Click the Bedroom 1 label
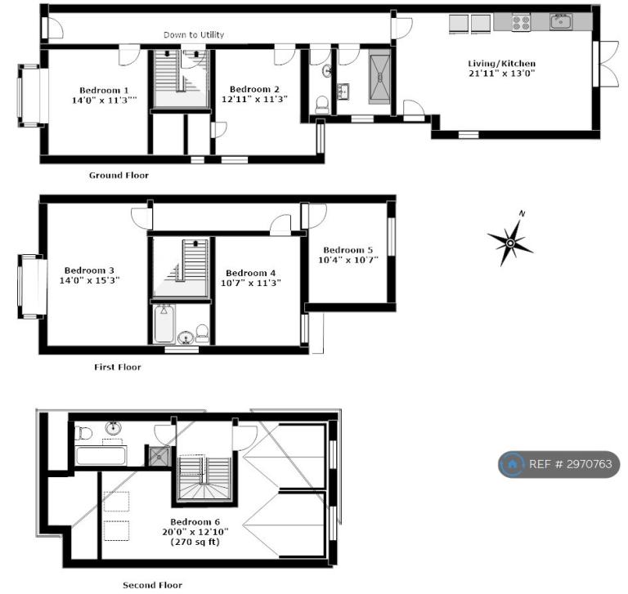pyautogui.click(x=104, y=91)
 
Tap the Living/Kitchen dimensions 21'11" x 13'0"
pyautogui.click(x=502, y=74)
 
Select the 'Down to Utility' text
pyautogui.click(x=194, y=35)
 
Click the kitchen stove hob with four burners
pyautogui.click(x=522, y=21)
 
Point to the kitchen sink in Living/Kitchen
pyautogui.click(x=561, y=21)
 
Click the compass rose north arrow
pyautogui.click(x=510, y=239)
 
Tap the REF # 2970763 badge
pyautogui.click(x=559, y=464)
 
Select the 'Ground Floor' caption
pyautogui.click(x=119, y=176)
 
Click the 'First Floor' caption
pyautogui.click(x=118, y=367)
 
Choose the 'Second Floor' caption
pyautogui.click(x=152, y=585)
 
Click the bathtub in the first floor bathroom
pyautogui.click(x=164, y=324)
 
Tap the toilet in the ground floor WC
pyautogui.click(x=322, y=105)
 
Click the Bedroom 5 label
pyautogui.click(x=348, y=250)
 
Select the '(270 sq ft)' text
pyautogui.click(x=195, y=543)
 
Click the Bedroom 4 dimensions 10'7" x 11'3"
pyautogui.click(x=251, y=283)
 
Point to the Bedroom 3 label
pyautogui.click(x=89, y=270)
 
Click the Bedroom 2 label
pyautogui.click(x=254, y=89)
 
